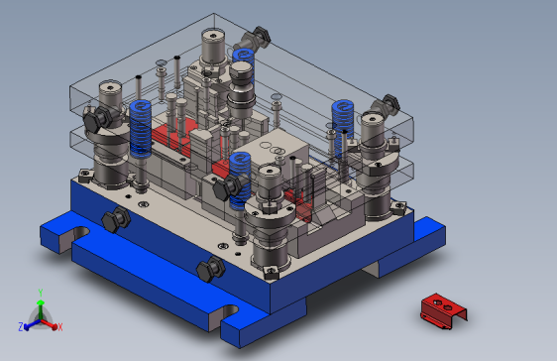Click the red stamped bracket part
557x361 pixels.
(x=443, y=311)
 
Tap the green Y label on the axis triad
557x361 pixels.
(x=41, y=293)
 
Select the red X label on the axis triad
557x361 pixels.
(x=60, y=327)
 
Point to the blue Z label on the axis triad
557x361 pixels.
(x=21, y=327)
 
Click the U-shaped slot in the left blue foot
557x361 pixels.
(x=80, y=233)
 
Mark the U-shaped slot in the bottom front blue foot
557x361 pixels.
(x=229, y=311)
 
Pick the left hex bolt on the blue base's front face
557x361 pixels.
(x=116, y=220)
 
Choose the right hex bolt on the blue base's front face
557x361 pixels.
(x=211, y=269)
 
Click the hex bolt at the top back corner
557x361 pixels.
(x=256, y=39)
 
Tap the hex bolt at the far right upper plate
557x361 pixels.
(x=386, y=105)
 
